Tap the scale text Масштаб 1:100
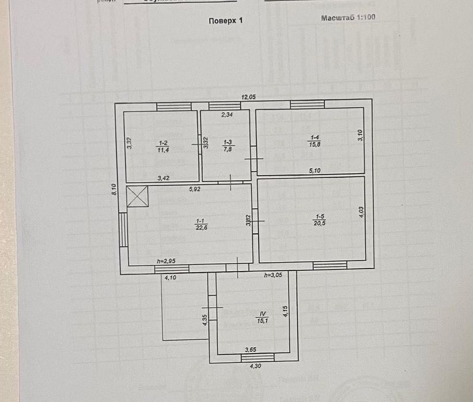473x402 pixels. [x=348, y=18]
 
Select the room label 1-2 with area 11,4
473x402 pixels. [x=163, y=147]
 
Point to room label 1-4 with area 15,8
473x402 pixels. [x=315, y=141]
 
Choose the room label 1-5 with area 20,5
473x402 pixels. [x=319, y=220]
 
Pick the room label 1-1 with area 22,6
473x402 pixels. [x=201, y=224]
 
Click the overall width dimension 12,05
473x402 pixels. [x=248, y=98]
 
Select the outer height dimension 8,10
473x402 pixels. [x=115, y=189]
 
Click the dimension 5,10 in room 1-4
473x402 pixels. [x=315, y=170]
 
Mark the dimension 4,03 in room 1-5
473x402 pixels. [x=361, y=212]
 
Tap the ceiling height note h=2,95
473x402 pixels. [x=165, y=262]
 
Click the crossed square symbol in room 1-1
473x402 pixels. [x=138, y=196]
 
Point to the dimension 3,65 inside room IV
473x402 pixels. [x=251, y=349]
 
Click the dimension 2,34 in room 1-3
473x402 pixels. [x=228, y=114]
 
